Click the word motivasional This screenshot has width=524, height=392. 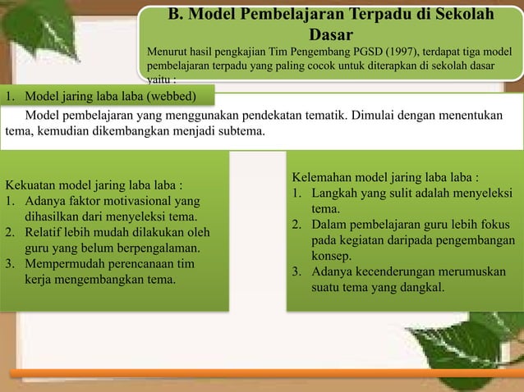click(x=139, y=201)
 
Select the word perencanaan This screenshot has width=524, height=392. click(x=140, y=264)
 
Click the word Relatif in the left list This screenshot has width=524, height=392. click(x=44, y=232)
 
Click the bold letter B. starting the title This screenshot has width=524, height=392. click(x=175, y=16)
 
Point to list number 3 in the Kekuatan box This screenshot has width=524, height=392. click(x=10, y=264)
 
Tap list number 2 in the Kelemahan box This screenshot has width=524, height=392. click(x=296, y=225)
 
